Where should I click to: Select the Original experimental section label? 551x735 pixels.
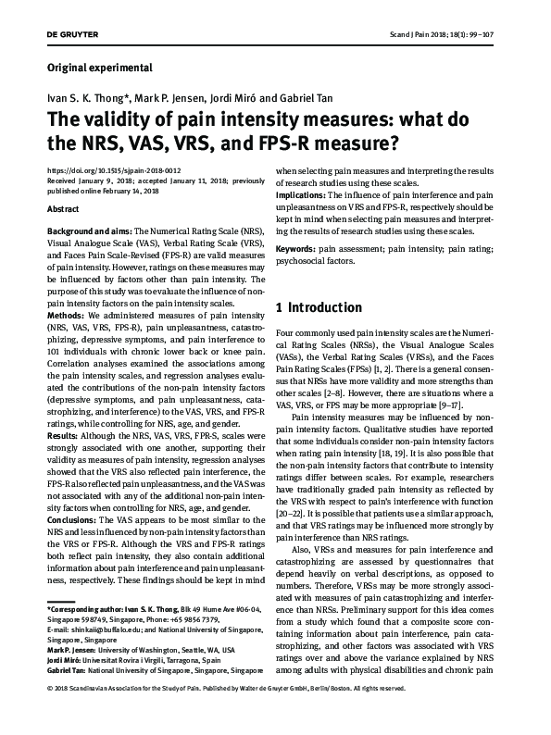[x=99, y=68]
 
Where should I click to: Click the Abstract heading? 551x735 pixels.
[x=62, y=210]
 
